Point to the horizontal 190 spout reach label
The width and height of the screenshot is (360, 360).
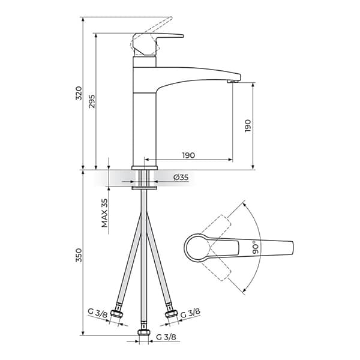188,155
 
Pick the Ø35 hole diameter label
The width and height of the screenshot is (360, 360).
181,178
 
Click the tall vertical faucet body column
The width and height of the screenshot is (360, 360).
143,120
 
